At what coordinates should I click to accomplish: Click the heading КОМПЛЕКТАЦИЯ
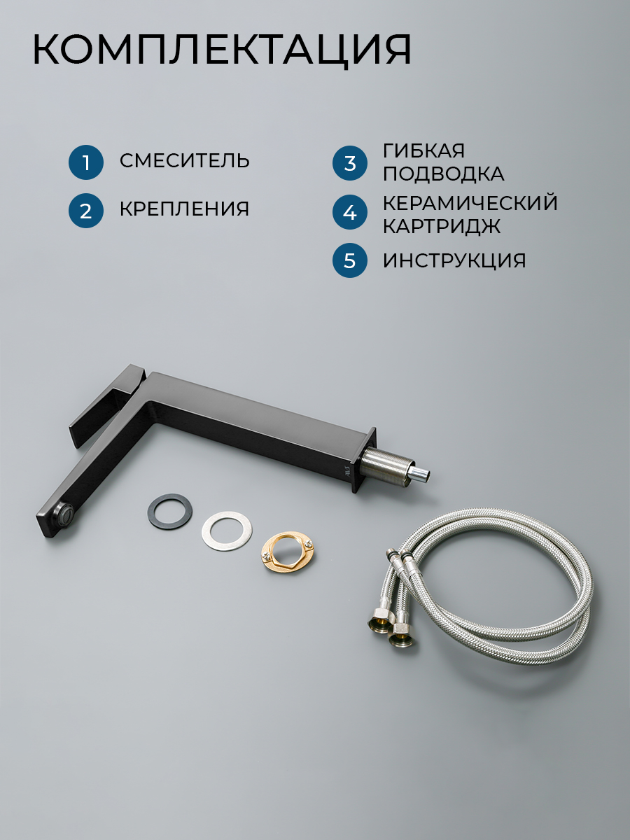[x=222, y=50]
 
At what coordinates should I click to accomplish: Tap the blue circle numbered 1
[x=86, y=162]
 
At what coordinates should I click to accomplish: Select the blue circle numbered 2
[x=86, y=211]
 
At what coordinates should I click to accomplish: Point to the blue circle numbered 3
[x=349, y=163]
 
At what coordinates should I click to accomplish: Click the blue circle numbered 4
[x=349, y=212]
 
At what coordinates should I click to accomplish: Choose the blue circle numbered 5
[x=349, y=260]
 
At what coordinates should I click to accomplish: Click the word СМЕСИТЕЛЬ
[x=184, y=161]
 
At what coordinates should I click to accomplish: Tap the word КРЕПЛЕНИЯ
[x=184, y=209]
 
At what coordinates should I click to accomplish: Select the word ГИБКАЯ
[x=423, y=150]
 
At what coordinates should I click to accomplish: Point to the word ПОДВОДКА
[x=444, y=174]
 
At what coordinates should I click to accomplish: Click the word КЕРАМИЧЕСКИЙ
[x=470, y=202]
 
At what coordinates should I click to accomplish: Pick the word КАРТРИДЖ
[x=442, y=226]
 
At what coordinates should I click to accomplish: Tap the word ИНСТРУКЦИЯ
[x=454, y=260]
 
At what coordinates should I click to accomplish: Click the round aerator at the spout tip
[x=64, y=507]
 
